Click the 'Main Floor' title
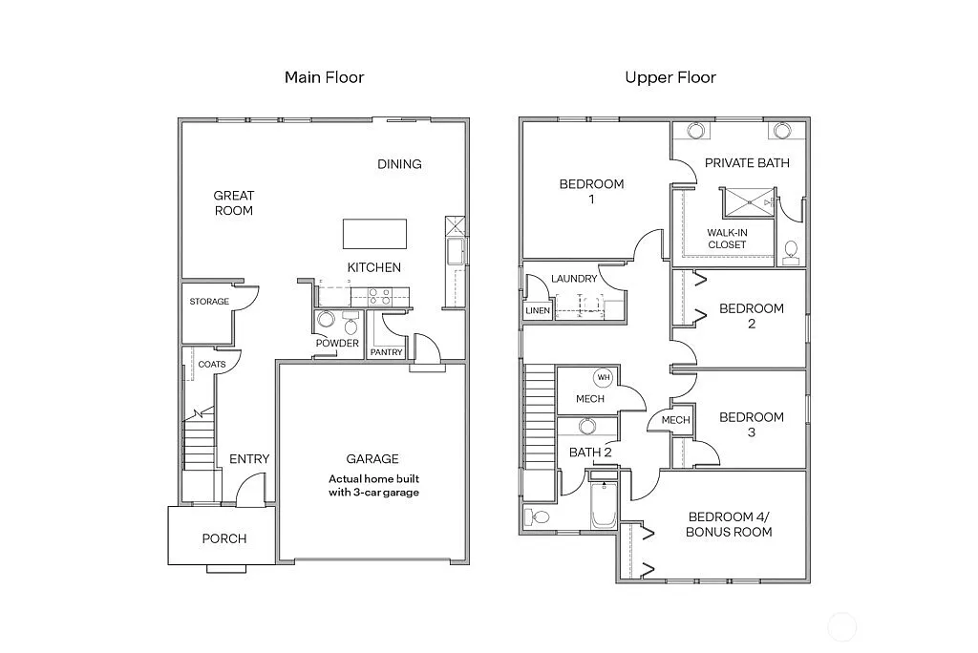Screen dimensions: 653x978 tap(324, 77)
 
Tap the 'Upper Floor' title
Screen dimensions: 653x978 tap(670, 77)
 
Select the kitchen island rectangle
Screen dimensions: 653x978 tap(374, 234)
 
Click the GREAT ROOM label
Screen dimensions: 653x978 tap(234, 202)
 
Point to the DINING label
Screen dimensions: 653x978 tap(399, 164)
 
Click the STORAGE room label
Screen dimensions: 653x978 tap(209, 302)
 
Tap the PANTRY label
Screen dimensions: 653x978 tap(387, 352)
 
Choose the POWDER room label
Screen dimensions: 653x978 tap(338, 343)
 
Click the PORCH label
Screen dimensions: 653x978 tap(224, 538)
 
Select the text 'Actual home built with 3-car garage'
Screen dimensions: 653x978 tap(373, 486)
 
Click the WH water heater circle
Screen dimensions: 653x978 tap(604, 377)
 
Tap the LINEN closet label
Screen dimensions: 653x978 tap(537, 311)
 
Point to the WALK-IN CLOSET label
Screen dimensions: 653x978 tap(727, 239)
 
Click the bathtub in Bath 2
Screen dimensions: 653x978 tap(604, 507)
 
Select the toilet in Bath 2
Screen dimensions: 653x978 tap(536, 517)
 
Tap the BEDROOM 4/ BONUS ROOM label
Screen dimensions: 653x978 tap(728, 524)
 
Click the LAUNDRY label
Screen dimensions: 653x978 tap(574, 279)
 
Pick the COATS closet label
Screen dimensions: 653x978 tap(212, 365)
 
